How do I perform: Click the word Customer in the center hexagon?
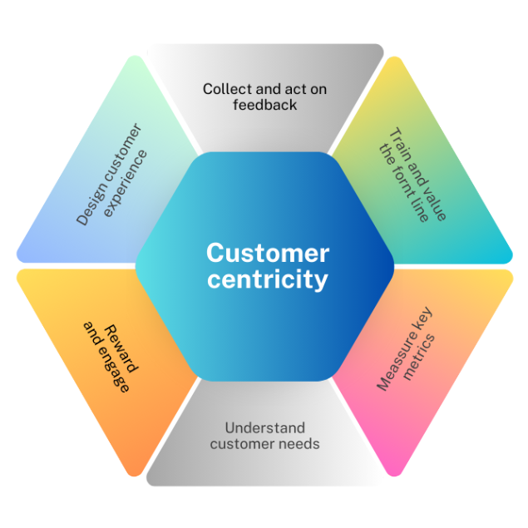pyautogui.click(x=268, y=253)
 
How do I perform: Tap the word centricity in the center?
pyautogui.click(x=268, y=279)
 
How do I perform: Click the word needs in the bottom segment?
pyautogui.click(x=299, y=444)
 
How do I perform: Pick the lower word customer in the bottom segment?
pyautogui.click(x=239, y=444)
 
